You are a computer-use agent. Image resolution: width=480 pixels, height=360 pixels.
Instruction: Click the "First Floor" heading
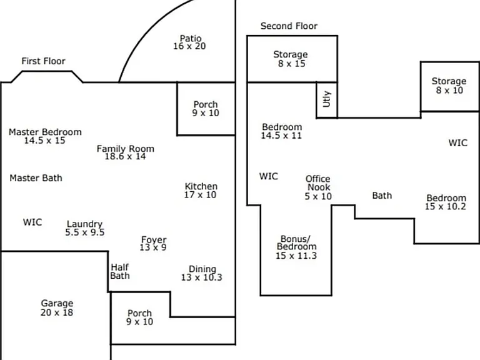[44, 61]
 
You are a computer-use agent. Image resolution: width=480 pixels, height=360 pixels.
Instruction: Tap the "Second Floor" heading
[289, 26]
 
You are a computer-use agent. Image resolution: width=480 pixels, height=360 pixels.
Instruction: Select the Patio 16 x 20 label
[190, 42]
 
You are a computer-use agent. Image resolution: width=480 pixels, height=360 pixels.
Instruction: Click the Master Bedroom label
[45, 136]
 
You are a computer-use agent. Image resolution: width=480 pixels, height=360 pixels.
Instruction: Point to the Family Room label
[126, 152]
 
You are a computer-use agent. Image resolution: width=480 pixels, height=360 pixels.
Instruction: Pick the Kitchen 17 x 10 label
[201, 191]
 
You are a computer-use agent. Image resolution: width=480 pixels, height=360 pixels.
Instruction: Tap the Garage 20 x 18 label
[57, 307]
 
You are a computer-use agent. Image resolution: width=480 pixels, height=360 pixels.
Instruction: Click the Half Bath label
[120, 271]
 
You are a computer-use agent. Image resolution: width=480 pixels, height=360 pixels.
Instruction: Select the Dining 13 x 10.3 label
[202, 273]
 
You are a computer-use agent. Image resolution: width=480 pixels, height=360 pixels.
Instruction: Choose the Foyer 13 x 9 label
[153, 243]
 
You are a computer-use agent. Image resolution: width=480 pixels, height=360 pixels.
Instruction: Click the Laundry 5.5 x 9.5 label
[85, 228]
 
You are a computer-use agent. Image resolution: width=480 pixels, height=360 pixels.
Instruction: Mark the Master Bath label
[36, 178]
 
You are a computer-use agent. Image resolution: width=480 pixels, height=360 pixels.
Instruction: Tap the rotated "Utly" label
[327, 99]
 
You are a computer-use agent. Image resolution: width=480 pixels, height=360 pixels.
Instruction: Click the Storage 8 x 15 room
[292, 59]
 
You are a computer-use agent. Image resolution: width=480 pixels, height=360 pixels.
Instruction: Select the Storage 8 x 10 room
[450, 87]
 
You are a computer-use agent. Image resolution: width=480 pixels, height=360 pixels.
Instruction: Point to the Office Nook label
[318, 187]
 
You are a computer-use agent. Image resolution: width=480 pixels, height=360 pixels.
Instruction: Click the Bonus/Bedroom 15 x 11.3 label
[296, 247]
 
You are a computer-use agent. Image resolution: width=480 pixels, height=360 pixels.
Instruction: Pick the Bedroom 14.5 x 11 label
[282, 131]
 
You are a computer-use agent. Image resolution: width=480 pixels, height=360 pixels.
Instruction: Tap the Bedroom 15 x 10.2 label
[446, 202]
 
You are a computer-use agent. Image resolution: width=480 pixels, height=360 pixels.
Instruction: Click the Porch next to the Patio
[206, 109]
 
